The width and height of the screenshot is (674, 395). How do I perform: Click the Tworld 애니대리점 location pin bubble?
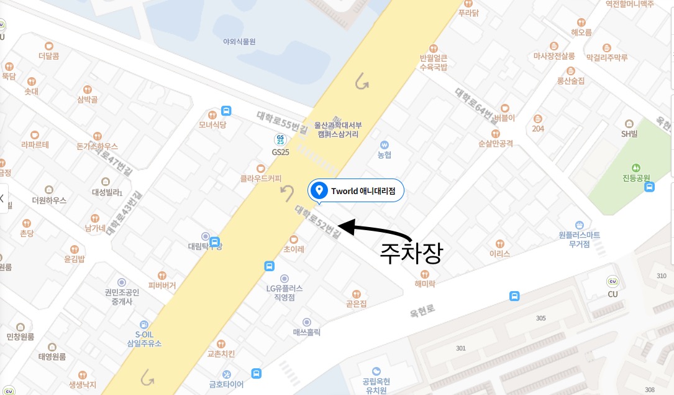point(356,190)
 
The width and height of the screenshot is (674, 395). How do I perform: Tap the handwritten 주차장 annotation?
point(411,253)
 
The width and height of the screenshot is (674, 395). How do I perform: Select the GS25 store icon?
point(281,139)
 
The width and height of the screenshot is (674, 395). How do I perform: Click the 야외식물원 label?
point(239,42)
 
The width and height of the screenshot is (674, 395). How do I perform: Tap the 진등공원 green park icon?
point(635,167)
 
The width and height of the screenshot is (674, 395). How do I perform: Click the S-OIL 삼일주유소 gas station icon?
point(144,324)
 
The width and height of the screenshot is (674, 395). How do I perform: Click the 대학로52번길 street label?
point(317,222)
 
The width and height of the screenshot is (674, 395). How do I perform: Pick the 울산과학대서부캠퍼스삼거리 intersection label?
point(339,129)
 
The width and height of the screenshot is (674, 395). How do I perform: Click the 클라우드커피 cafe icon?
point(261,168)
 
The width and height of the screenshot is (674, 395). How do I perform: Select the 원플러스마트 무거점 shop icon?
point(579,225)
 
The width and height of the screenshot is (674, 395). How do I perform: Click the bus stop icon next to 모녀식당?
point(226,111)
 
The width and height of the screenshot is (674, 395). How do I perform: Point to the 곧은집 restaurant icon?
point(357,294)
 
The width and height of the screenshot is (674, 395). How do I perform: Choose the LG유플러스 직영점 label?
point(285,292)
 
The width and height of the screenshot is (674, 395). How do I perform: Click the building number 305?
point(540,318)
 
